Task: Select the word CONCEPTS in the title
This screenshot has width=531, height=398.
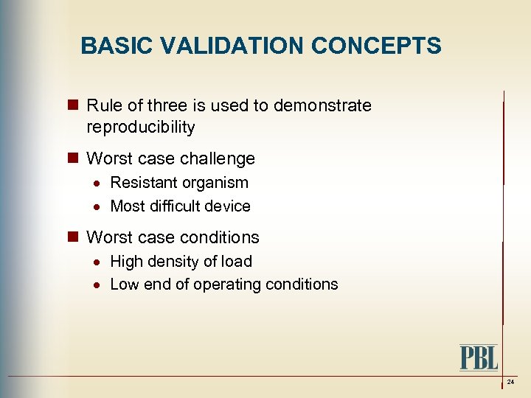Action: click(376, 46)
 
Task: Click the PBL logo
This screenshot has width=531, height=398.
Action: click(479, 357)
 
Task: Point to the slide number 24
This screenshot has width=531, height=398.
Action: click(510, 383)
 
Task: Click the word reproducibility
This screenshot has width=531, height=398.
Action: click(141, 128)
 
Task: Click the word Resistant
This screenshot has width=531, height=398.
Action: click(142, 183)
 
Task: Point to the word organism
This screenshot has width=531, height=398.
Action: click(214, 183)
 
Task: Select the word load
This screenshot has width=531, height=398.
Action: click(237, 262)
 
